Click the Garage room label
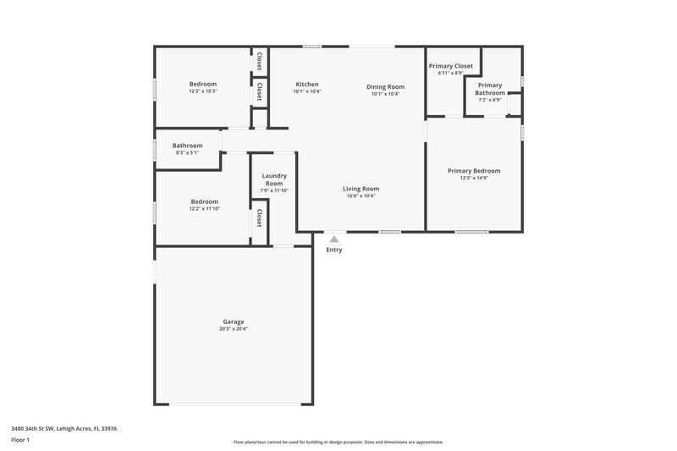[x=234, y=322]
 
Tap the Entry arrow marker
[x=334, y=239]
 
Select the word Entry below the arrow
[x=334, y=250]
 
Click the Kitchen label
[x=306, y=85]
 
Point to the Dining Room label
[x=385, y=86]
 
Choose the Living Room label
[x=361, y=189]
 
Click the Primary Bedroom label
[x=474, y=170]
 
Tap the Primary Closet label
[x=450, y=66]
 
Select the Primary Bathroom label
[x=490, y=89]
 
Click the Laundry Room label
[x=274, y=179]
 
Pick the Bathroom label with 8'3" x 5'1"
[x=185, y=145]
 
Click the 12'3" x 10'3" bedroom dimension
[x=203, y=91]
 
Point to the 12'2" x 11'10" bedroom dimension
[x=204, y=209]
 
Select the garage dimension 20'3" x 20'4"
[x=234, y=329]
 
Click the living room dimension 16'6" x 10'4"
[x=361, y=196]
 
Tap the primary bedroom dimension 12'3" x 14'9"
[x=474, y=179]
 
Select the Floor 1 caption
[x=20, y=441]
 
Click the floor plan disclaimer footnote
[x=338, y=442]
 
